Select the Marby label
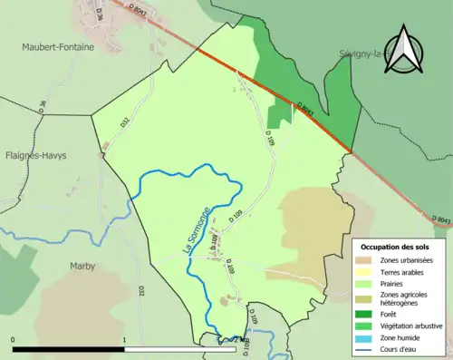[82, 266]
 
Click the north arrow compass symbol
[405, 51]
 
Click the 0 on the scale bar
[14, 340]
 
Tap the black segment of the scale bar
[68, 349]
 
